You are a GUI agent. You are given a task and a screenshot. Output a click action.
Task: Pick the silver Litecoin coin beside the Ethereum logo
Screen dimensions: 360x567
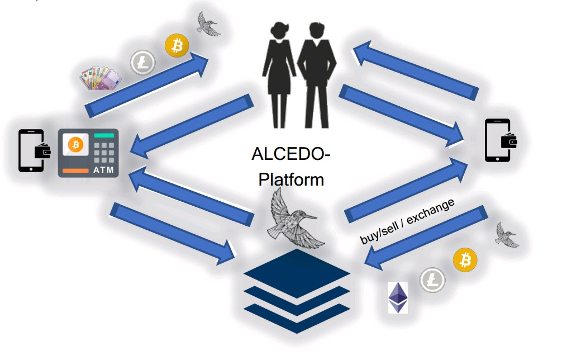tap(432, 280)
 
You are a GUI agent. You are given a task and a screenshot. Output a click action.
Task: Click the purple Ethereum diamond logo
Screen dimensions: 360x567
tap(398, 297)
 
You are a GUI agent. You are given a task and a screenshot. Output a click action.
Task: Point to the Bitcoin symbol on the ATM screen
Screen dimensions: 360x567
tap(76, 145)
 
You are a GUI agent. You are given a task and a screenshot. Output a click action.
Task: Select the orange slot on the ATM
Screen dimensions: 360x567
tap(75, 169)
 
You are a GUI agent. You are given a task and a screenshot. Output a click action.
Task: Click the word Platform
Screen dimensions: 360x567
tap(290, 179)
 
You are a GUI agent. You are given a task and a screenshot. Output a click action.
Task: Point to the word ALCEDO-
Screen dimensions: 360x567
tap(290, 153)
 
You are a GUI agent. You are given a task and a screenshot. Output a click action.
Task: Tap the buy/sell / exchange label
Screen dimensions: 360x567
tap(408, 220)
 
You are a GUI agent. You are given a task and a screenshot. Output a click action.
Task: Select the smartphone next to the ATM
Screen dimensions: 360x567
tap(31, 150)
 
